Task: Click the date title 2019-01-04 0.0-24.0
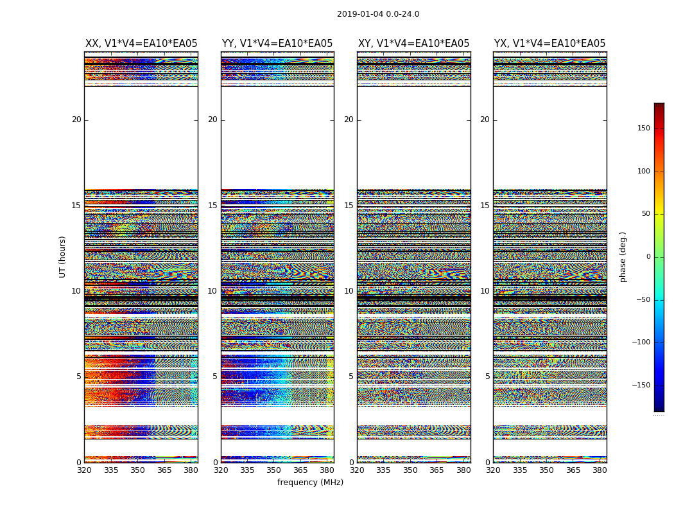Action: point(378,14)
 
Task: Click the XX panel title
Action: point(141,44)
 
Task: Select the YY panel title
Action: point(277,44)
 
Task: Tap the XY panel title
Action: point(413,44)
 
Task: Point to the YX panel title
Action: point(549,44)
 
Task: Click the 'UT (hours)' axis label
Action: point(63,256)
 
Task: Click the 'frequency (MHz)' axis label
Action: point(310,483)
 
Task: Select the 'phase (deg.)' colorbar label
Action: point(623,257)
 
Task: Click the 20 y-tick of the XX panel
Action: point(76,120)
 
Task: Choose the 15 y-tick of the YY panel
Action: point(212,206)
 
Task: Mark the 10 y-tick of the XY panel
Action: point(349,291)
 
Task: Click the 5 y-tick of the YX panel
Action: point(487,377)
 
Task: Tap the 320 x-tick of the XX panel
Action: point(84,470)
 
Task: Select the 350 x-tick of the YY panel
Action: point(273,470)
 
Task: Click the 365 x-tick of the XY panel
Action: point(436,470)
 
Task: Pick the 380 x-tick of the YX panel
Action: point(600,470)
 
